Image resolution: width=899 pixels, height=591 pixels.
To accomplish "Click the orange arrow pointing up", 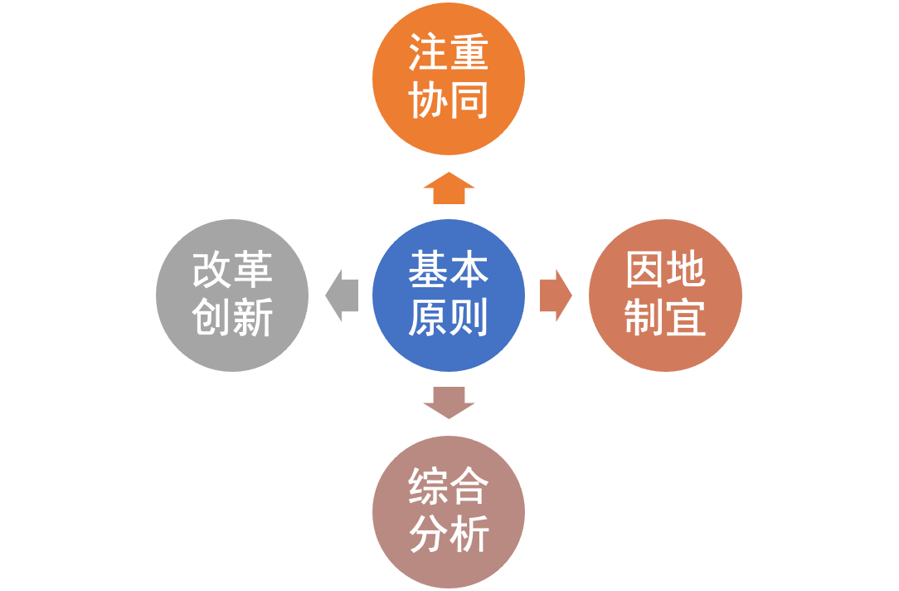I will click(449, 188).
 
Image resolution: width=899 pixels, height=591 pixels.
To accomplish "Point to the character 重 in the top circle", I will click(469, 54).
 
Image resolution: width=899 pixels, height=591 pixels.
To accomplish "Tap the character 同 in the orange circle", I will click(469, 100).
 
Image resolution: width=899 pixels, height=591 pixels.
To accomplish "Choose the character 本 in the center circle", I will click(469, 271).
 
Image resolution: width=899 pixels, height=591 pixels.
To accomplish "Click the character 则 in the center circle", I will click(469, 318).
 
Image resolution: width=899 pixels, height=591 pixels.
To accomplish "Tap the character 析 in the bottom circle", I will click(469, 535).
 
